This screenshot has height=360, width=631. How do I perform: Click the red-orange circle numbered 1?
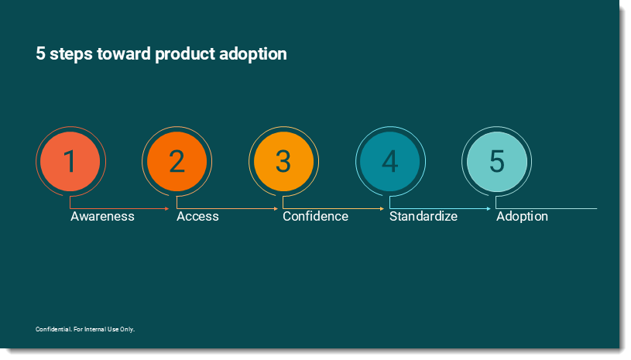pyautogui.click(x=70, y=161)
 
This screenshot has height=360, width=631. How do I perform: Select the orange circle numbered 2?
pyautogui.click(x=177, y=161)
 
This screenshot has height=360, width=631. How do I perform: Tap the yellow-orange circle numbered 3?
pyautogui.click(x=283, y=161)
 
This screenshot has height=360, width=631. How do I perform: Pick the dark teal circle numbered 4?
pyautogui.click(x=390, y=161)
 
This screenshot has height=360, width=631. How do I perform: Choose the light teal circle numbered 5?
pyautogui.click(x=496, y=161)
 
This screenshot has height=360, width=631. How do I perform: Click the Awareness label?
pyautogui.click(x=103, y=217)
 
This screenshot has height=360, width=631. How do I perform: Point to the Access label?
pyautogui.click(x=197, y=217)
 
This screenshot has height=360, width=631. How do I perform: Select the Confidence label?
pyautogui.click(x=316, y=217)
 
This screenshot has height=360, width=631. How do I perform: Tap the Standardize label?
pyautogui.click(x=424, y=217)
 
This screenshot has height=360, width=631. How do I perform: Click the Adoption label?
pyautogui.click(x=522, y=217)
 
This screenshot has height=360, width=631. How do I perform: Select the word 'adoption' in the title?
pyautogui.click(x=253, y=54)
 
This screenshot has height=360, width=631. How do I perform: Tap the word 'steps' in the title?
pyautogui.click(x=70, y=54)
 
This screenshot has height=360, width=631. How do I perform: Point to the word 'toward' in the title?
pyautogui.click(x=124, y=53)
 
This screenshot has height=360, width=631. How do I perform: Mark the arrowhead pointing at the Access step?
pyautogui.click(x=167, y=208)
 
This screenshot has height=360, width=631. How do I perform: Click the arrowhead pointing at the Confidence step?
pyautogui.click(x=276, y=208)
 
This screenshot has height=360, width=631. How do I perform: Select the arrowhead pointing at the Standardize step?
pyautogui.click(x=382, y=208)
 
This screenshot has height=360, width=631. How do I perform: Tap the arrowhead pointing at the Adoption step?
pyautogui.click(x=489, y=208)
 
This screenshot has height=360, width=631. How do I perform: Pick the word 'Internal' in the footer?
pyautogui.click(x=95, y=329)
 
